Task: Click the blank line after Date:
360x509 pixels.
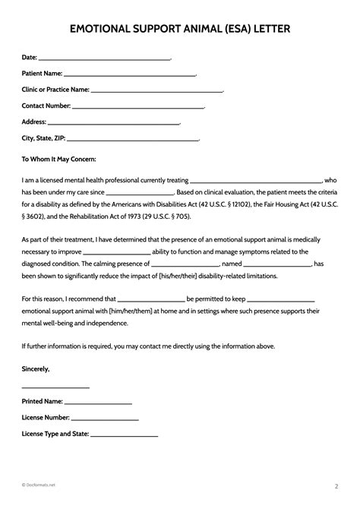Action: (x=104, y=58)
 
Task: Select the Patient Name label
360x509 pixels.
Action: (x=41, y=74)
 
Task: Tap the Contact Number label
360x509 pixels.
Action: (x=46, y=106)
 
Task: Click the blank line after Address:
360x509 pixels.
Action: (x=115, y=122)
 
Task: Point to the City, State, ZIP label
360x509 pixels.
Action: (x=44, y=138)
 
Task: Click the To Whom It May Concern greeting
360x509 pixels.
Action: (x=58, y=160)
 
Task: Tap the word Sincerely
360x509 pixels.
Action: (x=36, y=368)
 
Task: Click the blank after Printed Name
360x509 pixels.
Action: (x=99, y=403)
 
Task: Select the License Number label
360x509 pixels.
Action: (x=46, y=418)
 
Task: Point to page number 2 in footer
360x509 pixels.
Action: (x=336, y=485)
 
